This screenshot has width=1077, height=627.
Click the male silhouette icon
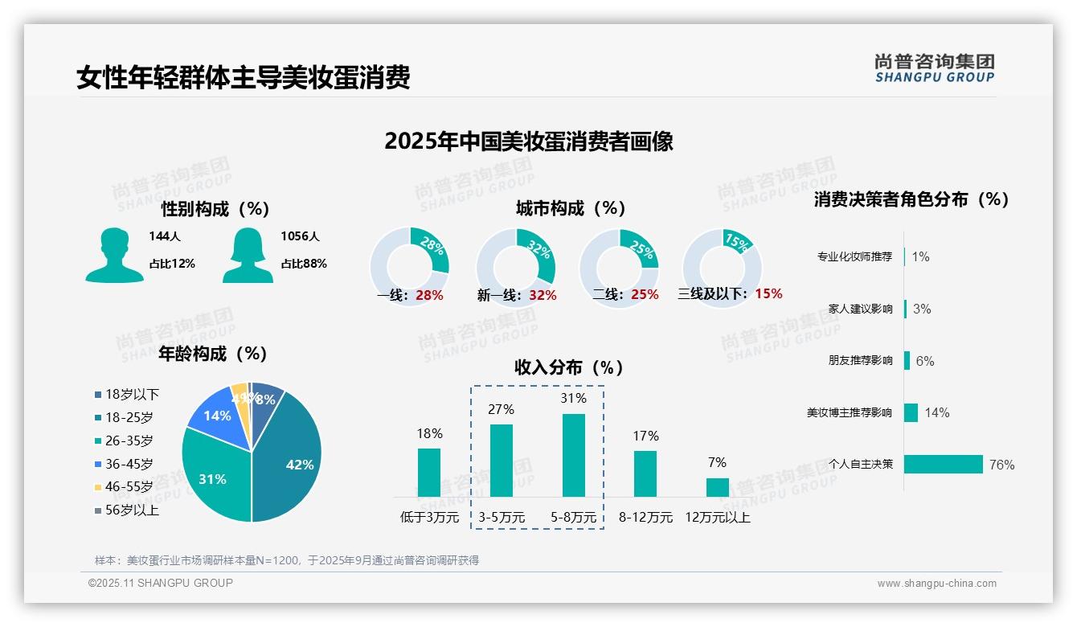coord(115,255)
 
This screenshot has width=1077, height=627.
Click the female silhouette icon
coord(248,255)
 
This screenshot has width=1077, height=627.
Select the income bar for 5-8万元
coord(573,455)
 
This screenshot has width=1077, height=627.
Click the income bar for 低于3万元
coord(429,472)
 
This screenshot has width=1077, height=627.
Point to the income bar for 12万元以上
coord(718,487)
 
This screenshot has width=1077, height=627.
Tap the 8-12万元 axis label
coord(645,518)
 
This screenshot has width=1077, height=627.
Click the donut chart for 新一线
coord(515,267)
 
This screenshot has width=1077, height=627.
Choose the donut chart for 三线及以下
coord(721,267)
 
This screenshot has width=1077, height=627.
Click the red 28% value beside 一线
coord(429,295)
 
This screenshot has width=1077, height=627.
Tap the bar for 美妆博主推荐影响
coord(911,412)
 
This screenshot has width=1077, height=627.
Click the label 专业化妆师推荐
coord(854,257)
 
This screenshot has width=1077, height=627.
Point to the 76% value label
coord(1001,465)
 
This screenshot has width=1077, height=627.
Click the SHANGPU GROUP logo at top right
coord(934,68)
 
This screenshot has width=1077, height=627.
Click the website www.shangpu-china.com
coord(936,584)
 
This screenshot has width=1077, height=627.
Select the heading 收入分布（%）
coord(569,367)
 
